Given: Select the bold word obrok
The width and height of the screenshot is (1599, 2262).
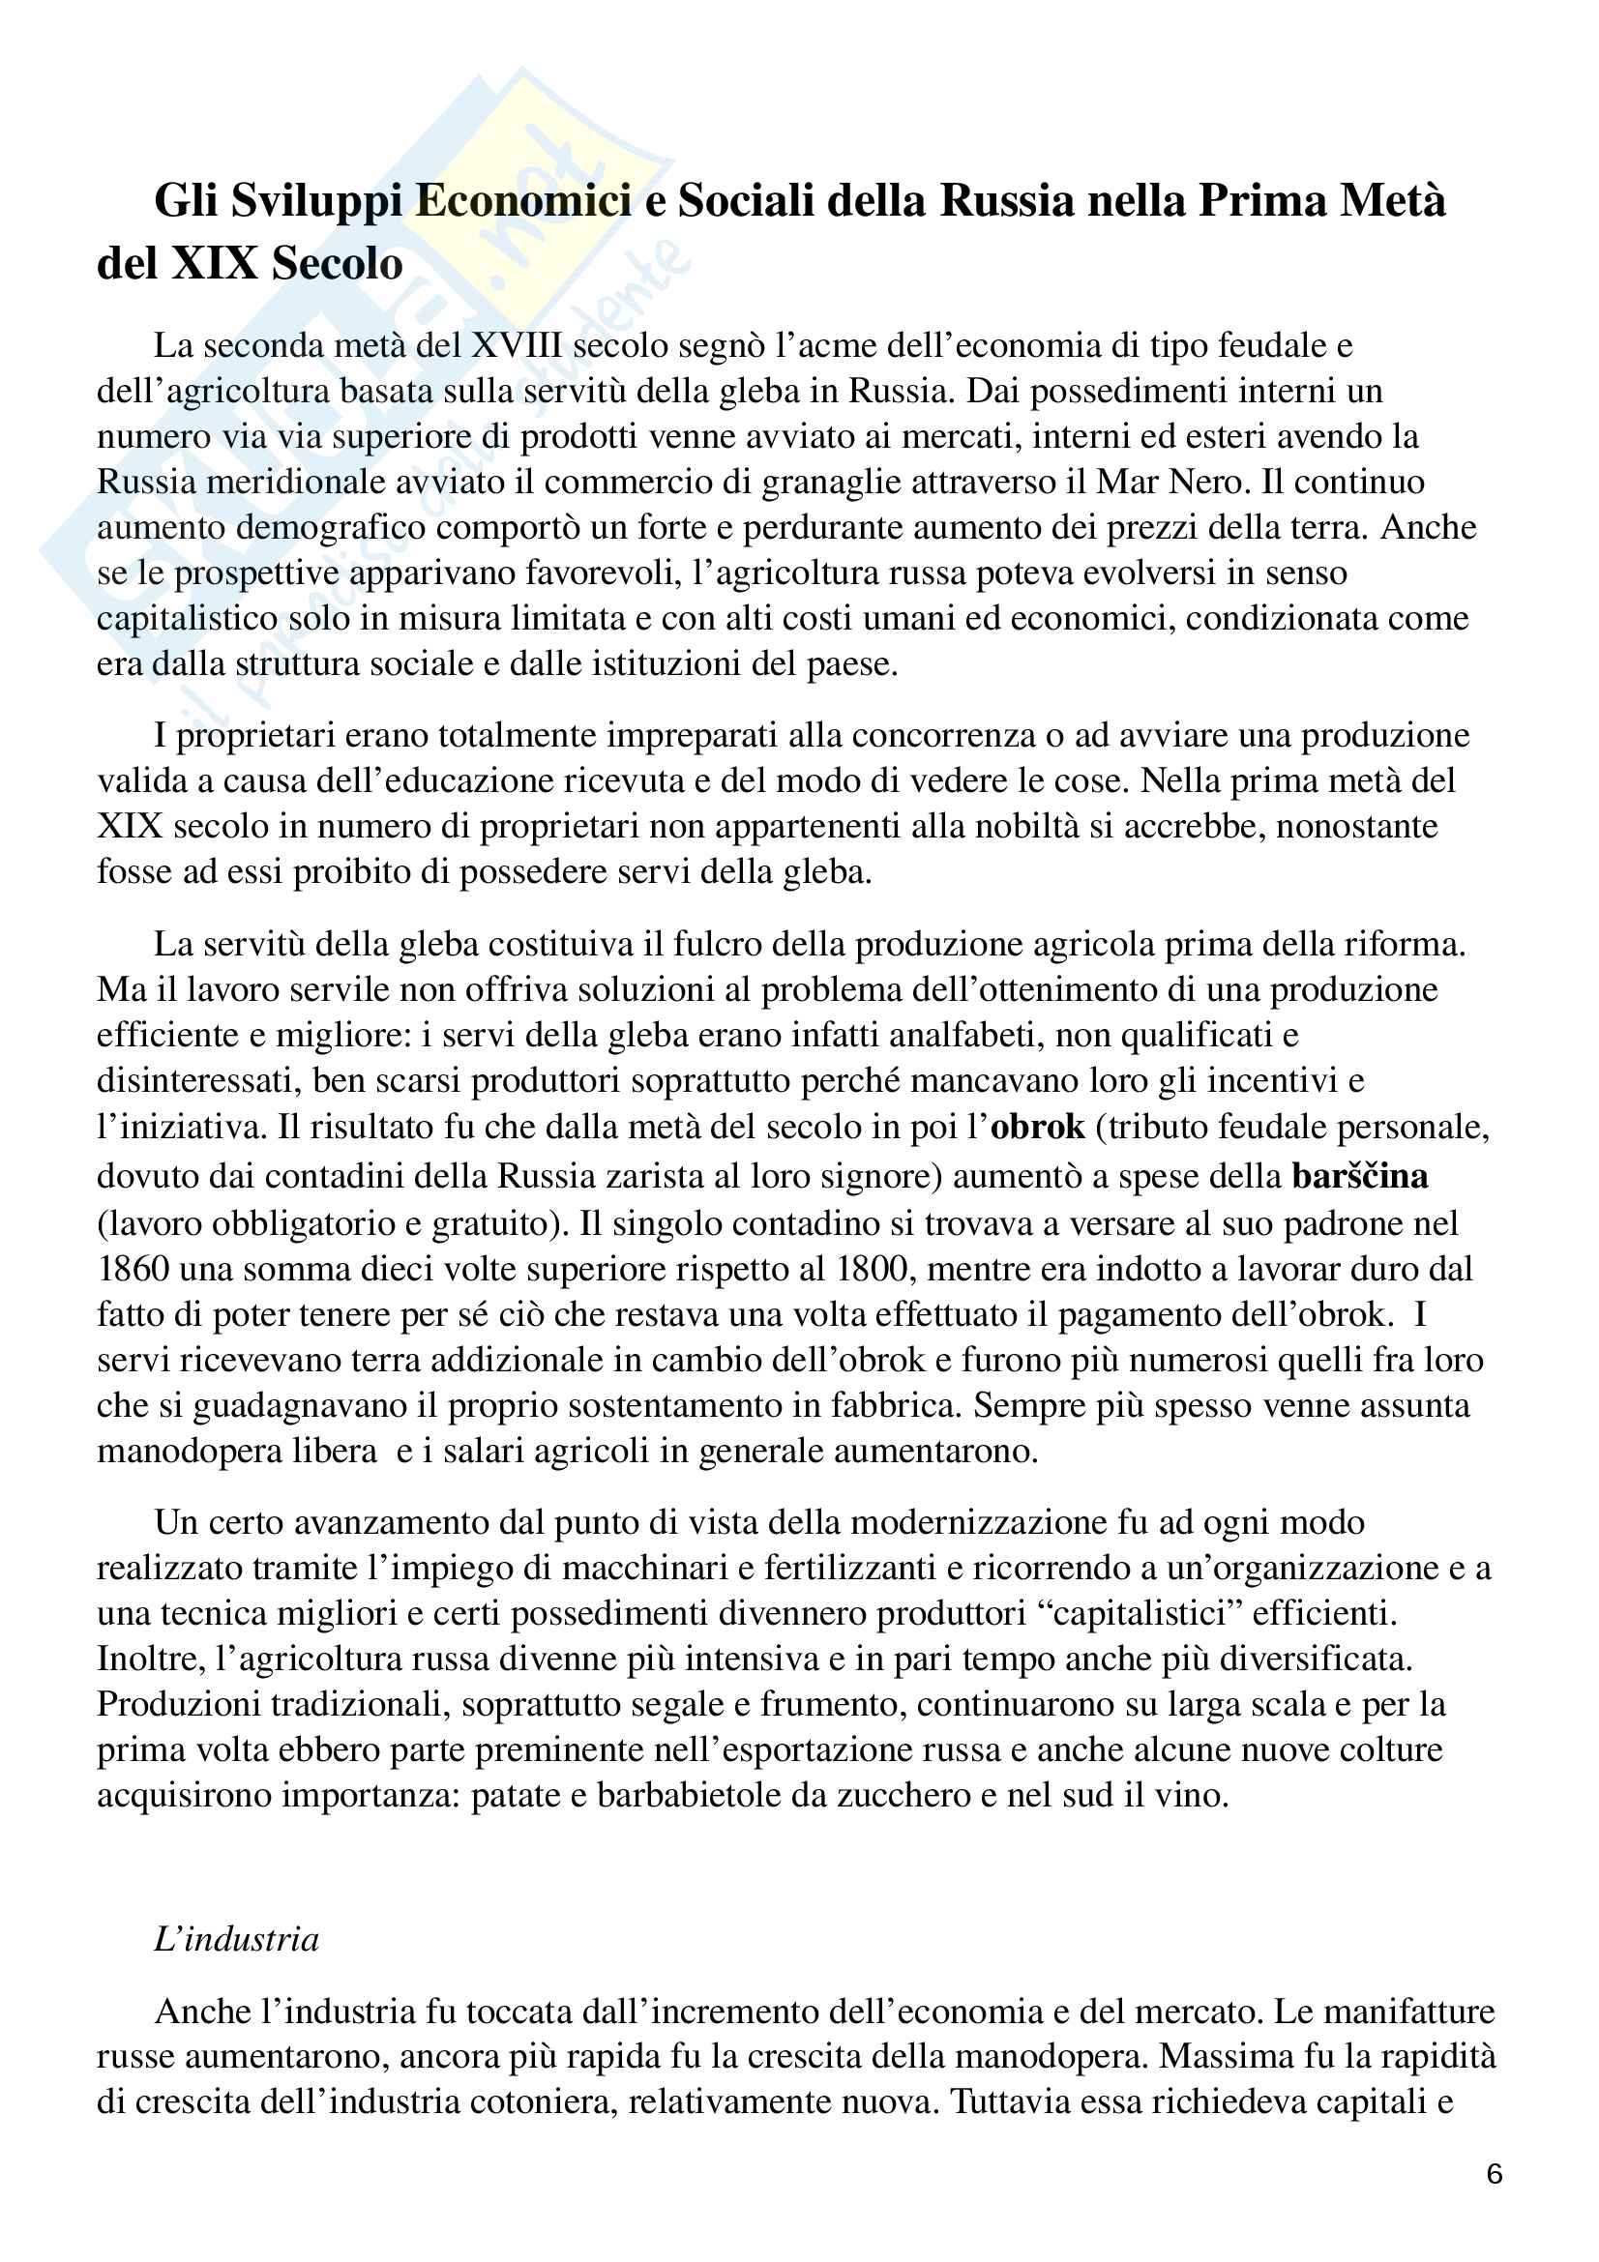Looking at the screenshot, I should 1037,1126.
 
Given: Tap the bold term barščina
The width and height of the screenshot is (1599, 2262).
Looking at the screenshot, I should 1360,1175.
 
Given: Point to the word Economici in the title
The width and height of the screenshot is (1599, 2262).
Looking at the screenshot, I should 523,201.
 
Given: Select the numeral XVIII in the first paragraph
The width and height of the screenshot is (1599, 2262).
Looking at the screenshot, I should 517,346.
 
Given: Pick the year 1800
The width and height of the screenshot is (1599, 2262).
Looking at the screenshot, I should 870,1268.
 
